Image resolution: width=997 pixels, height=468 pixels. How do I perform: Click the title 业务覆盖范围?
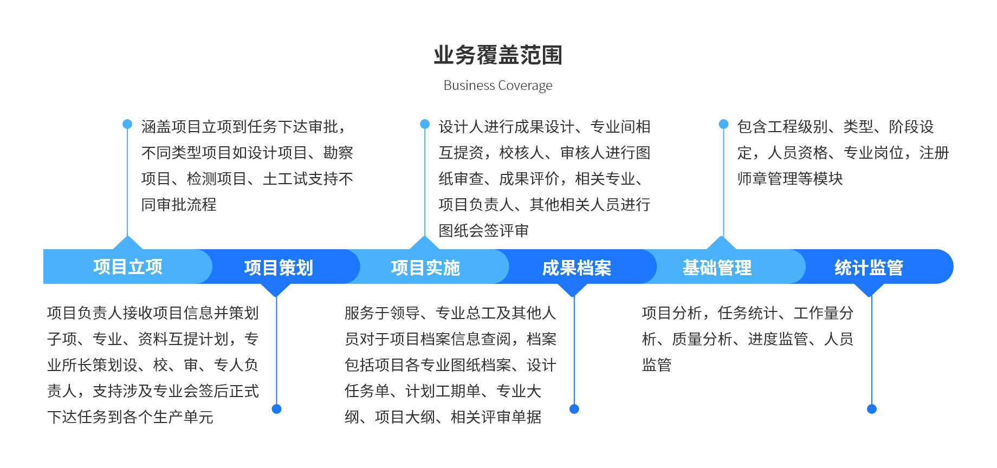click(498, 55)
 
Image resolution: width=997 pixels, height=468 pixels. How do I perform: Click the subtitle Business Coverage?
click(498, 86)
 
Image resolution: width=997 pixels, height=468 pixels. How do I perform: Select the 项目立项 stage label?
click(128, 266)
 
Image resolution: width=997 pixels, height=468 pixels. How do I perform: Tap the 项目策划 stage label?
click(279, 268)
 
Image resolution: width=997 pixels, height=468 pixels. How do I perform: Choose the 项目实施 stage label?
click(425, 268)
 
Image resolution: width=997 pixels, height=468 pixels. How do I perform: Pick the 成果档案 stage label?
click(577, 268)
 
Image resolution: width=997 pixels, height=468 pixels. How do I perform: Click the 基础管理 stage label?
click(717, 268)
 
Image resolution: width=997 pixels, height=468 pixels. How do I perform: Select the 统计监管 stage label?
click(869, 268)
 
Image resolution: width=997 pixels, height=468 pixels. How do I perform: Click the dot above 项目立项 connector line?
click(127, 124)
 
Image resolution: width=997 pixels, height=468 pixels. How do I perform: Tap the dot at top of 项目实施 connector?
click(425, 124)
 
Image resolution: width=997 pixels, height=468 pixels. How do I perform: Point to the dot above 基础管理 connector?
click(723, 124)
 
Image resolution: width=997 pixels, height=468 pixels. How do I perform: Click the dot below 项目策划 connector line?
click(276, 409)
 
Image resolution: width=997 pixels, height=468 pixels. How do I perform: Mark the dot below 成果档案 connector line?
click(574, 409)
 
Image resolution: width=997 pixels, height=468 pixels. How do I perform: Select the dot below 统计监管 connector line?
click(872, 409)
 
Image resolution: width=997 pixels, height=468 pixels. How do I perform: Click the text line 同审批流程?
click(179, 205)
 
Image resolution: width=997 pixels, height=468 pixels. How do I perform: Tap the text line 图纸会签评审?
click(484, 231)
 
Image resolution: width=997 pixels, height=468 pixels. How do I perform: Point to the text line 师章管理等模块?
click(790, 179)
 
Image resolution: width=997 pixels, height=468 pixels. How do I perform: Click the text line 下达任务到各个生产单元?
click(130, 417)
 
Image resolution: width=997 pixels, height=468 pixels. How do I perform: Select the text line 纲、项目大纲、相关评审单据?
click(443, 417)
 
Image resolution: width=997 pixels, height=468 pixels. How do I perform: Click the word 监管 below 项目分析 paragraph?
click(657, 365)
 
